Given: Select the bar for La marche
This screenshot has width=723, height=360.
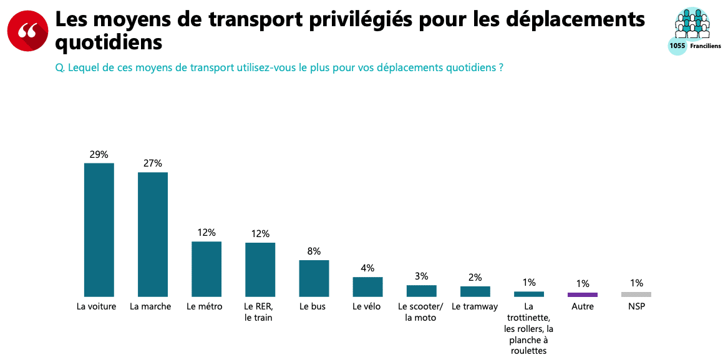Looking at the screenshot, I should pyautogui.click(x=153, y=234).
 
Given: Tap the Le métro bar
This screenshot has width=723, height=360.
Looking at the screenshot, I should pyautogui.click(x=206, y=269).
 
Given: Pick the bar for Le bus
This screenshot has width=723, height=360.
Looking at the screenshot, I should pyautogui.click(x=314, y=278).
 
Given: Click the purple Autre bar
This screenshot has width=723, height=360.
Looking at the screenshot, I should pyautogui.click(x=583, y=294).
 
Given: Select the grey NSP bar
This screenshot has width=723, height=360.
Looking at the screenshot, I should pyautogui.click(x=636, y=294).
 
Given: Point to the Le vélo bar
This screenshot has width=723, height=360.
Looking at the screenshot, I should pyautogui.click(x=367, y=286).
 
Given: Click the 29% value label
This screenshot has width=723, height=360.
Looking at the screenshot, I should pyautogui.click(x=99, y=154).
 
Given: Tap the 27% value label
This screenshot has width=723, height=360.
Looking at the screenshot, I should pyautogui.click(x=153, y=163).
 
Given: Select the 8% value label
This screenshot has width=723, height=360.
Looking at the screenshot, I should pyautogui.click(x=314, y=251).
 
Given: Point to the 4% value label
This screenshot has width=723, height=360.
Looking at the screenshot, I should pyautogui.click(x=367, y=268).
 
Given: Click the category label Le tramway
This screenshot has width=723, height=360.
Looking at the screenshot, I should pyautogui.click(x=475, y=306).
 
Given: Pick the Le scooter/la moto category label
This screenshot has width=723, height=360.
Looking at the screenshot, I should pyautogui.click(x=421, y=312).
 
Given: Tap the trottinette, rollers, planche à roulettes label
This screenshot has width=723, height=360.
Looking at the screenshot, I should pyautogui.click(x=528, y=328).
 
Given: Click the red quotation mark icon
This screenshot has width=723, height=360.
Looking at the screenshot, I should pyautogui.click(x=28, y=31).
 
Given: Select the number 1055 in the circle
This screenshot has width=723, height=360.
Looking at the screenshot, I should pyautogui.click(x=677, y=46).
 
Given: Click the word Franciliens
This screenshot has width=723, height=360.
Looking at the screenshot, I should pyautogui.click(x=706, y=46).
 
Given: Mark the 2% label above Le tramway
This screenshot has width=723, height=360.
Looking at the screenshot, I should pyautogui.click(x=475, y=278).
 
